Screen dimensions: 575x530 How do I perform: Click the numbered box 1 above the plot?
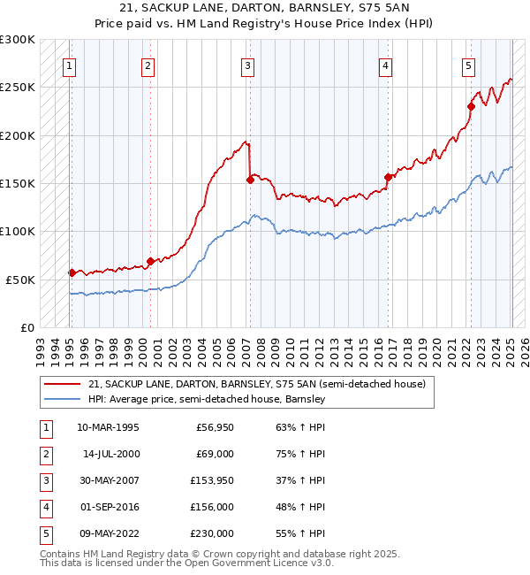click(69, 65)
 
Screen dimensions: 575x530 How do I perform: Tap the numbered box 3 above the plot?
click(248, 65)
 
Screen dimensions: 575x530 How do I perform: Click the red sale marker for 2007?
click(250, 180)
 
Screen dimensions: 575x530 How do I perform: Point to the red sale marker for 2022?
click(471, 107)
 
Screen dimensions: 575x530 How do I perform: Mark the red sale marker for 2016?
click(387, 177)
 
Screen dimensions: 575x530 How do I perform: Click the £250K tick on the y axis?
click(18, 88)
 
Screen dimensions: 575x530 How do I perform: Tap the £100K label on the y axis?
click(18, 231)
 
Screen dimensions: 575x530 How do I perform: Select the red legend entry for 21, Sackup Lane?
click(257, 384)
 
